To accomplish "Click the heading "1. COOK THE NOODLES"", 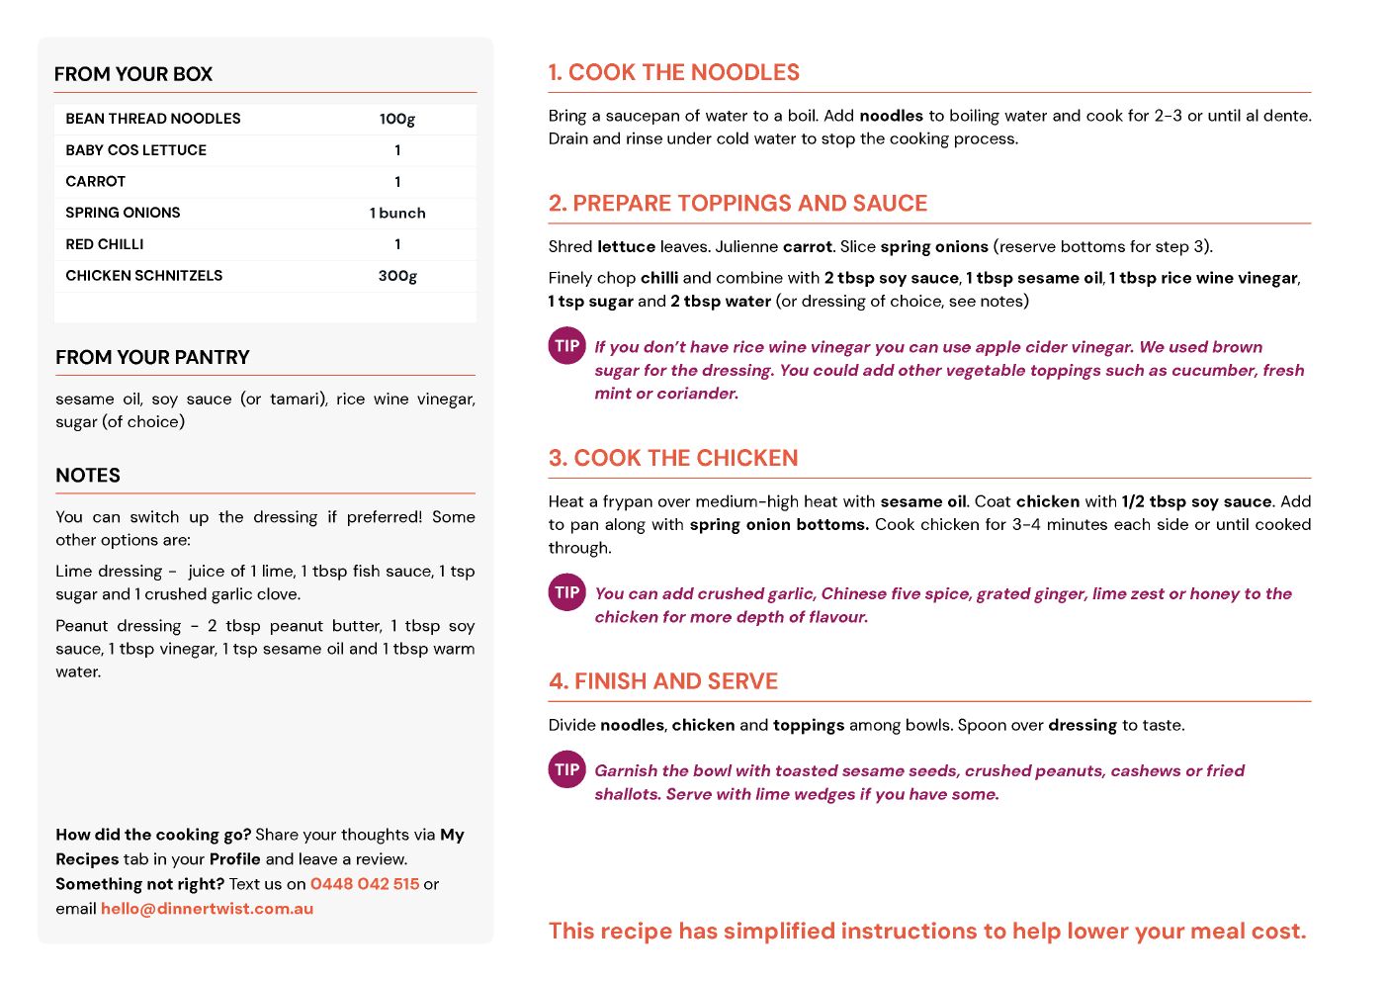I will click(x=673, y=72).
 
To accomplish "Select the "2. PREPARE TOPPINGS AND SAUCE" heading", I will click(x=737, y=203).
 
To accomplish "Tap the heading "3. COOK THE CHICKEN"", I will click(x=672, y=458).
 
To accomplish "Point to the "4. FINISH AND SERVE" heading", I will click(x=662, y=681).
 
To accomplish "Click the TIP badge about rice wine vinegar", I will click(x=566, y=346).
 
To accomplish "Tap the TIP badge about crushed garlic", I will click(x=566, y=592).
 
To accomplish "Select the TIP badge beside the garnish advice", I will click(x=566, y=769).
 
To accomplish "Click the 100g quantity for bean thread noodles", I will click(x=397, y=119).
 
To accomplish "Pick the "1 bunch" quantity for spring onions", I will click(x=397, y=213).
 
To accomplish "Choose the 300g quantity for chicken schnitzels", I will click(x=397, y=276).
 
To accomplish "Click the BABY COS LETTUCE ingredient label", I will click(x=136, y=150).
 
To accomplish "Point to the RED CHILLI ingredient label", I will click(x=105, y=244).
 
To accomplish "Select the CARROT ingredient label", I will click(x=96, y=182).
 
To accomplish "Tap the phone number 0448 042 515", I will click(x=365, y=884).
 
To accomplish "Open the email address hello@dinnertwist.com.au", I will click(x=207, y=909).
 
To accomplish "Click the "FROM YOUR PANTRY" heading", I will click(x=152, y=357).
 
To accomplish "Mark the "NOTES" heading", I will click(x=88, y=476).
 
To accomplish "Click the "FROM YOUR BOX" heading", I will click(x=133, y=74).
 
